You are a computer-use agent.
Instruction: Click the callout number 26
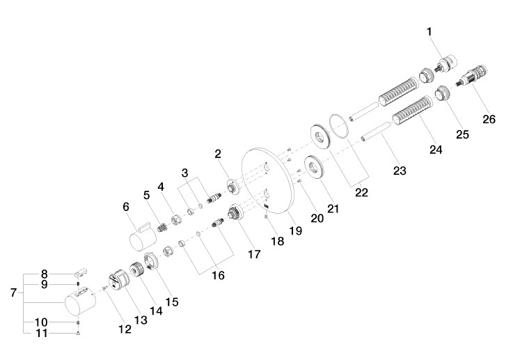(489, 119)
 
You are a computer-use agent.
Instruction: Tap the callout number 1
(430, 31)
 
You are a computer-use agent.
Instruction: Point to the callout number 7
(13, 293)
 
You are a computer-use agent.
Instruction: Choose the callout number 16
(218, 275)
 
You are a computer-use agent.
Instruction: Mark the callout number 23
(400, 171)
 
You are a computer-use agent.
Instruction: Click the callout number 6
(126, 207)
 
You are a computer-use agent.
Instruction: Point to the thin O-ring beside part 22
(340, 125)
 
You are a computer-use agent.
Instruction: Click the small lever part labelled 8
(84, 271)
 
